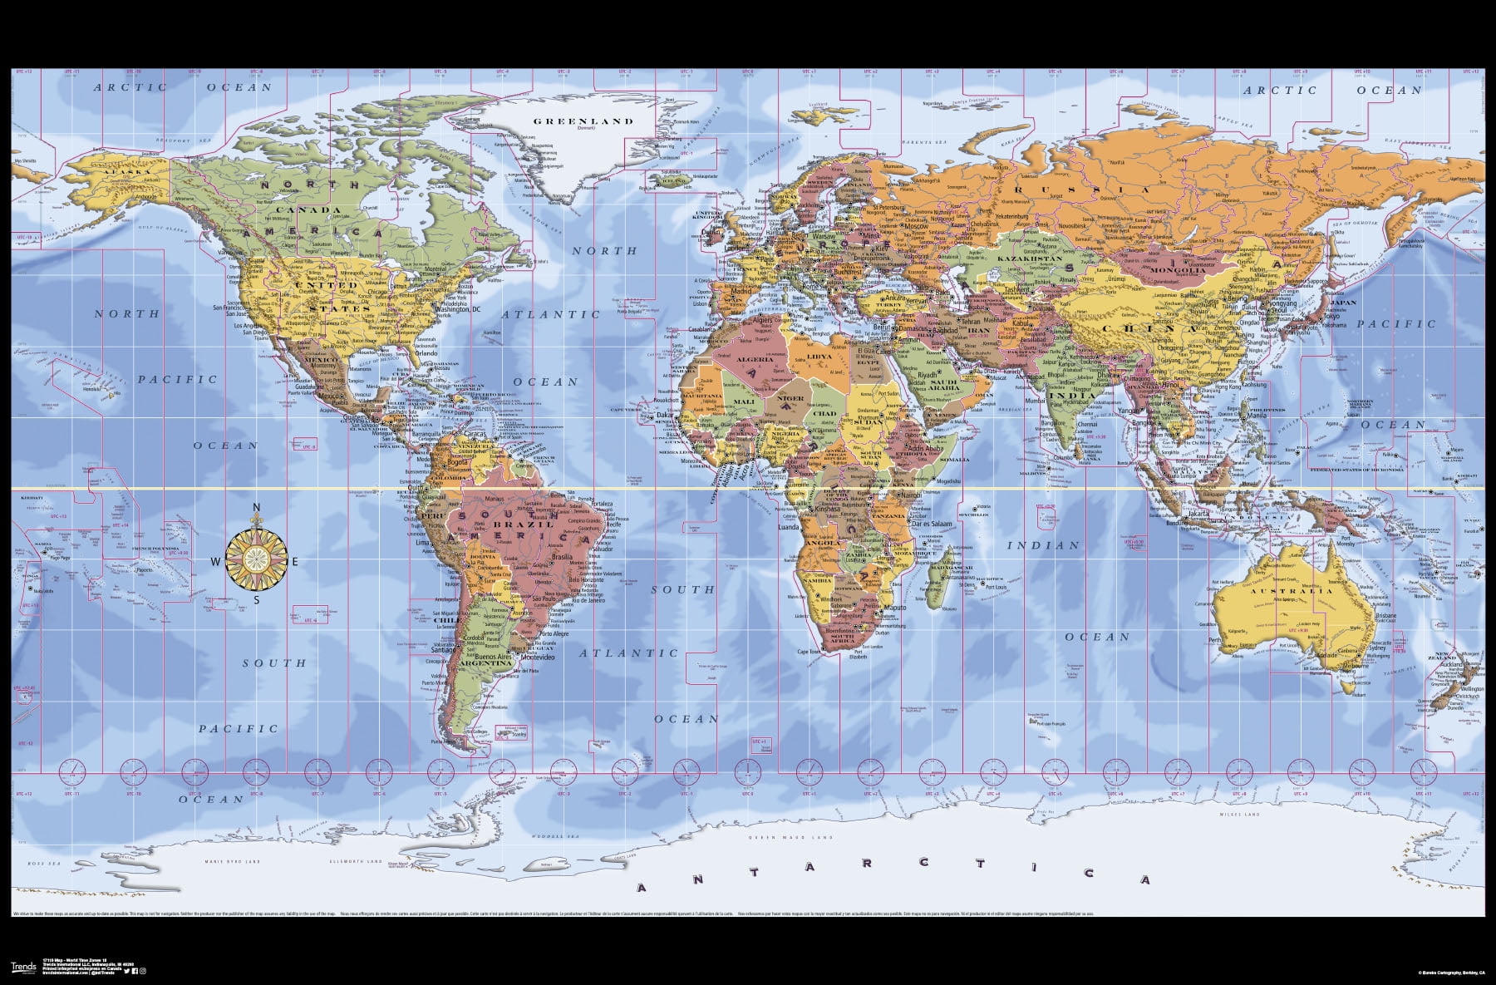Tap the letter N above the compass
pos(257,509)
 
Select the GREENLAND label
pos(583,121)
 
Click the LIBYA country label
pos(819,357)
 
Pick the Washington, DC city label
pos(451,309)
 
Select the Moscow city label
pos(916,226)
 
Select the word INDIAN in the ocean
pos(1043,546)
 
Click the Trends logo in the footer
pos(22,967)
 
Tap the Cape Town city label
pos(809,652)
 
